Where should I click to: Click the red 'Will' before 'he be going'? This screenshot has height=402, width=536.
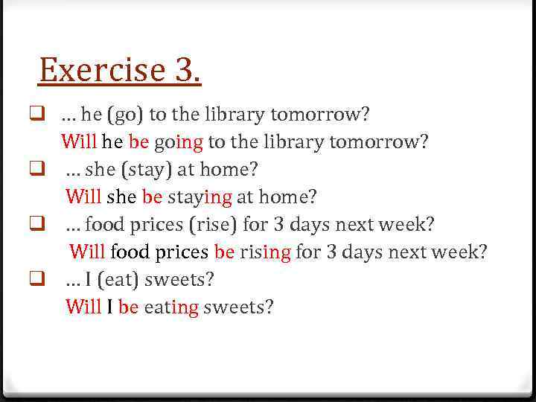[x=79, y=141]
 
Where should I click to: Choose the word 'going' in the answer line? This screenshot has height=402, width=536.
[x=179, y=142]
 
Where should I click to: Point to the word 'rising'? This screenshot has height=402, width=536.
[x=265, y=252]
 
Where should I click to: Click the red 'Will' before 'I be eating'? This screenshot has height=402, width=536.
[x=83, y=307]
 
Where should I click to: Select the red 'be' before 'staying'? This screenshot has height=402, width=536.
[x=152, y=197]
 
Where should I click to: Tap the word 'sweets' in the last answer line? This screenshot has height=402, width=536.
[x=238, y=307]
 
